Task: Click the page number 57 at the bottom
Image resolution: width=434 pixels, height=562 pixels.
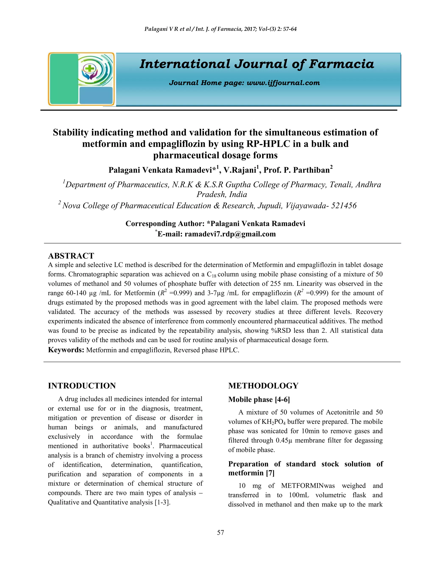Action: [x=220, y=532]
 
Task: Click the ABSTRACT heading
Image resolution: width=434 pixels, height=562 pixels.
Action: [x=71, y=256]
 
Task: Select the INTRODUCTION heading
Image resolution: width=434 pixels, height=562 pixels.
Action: [x=82, y=386]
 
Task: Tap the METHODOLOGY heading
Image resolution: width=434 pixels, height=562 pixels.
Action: [x=263, y=386]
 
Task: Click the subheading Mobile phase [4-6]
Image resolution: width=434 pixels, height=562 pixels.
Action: [x=259, y=399]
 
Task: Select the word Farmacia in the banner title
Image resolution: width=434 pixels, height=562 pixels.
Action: [x=341, y=64]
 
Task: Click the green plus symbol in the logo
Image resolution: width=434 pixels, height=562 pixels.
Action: [x=90, y=69]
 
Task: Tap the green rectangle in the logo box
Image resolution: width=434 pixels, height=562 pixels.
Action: [x=64, y=79]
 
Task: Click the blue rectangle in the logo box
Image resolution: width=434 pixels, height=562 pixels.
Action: [x=96, y=95]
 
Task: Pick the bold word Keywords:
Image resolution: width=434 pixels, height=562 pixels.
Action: [x=66, y=350]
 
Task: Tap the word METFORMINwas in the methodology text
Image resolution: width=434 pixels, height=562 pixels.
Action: [x=308, y=486]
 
